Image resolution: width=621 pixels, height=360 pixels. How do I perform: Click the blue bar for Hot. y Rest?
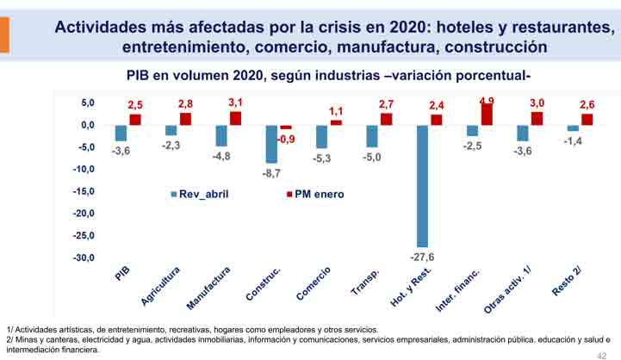[x=422, y=186]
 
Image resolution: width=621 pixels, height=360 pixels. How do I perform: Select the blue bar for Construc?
[x=272, y=144]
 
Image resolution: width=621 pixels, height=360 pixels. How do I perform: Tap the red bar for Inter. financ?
[x=487, y=114]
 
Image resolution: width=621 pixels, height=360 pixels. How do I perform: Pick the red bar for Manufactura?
[x=235, y=118]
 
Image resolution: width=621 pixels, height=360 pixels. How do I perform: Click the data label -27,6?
[x=423, y=258]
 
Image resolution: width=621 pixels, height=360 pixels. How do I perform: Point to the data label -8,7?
[x=272, y=173]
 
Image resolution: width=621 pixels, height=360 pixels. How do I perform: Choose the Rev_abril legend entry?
[x=203, y=194]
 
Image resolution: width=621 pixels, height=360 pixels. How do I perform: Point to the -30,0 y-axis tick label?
[x=82, y=258]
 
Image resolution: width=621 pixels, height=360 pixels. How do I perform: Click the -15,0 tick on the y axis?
[x=82, y=191]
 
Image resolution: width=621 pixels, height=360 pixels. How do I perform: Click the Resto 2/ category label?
[x=566, y=282]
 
